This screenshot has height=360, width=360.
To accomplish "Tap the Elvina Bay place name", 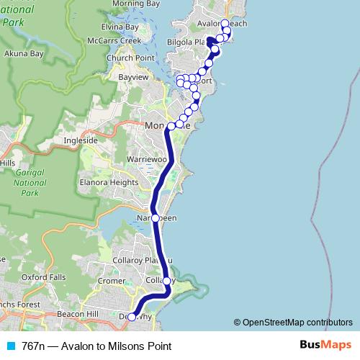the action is pos(120,27).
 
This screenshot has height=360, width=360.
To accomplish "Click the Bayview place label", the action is pos(132,75).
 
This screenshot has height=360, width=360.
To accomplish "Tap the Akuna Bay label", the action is pos(24,53).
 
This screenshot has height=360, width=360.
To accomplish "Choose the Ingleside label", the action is pos(81,140).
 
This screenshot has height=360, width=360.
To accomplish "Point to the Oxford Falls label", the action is pos(49,277).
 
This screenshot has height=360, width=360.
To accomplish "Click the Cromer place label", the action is pos(112,282).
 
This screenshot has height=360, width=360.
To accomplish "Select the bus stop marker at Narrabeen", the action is pos(156,217).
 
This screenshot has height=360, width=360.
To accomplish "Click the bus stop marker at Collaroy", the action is pos(166,281).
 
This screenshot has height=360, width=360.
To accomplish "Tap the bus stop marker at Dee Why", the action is pos(132,317).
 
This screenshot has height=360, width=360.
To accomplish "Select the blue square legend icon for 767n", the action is pos(9,346).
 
